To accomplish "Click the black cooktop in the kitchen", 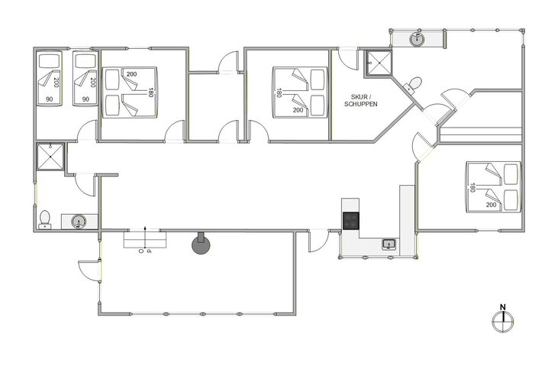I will (351, 221).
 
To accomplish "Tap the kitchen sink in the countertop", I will (388, 245).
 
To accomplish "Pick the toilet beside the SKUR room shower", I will (414, 83).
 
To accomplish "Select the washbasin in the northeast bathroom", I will (417, 38).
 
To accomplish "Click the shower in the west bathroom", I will (50, 157).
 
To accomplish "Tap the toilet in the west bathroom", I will (45, 219).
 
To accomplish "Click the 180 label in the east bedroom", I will (473, 186).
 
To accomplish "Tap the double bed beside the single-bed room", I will (131, 94).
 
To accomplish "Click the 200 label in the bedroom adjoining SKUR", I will (297, 110).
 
